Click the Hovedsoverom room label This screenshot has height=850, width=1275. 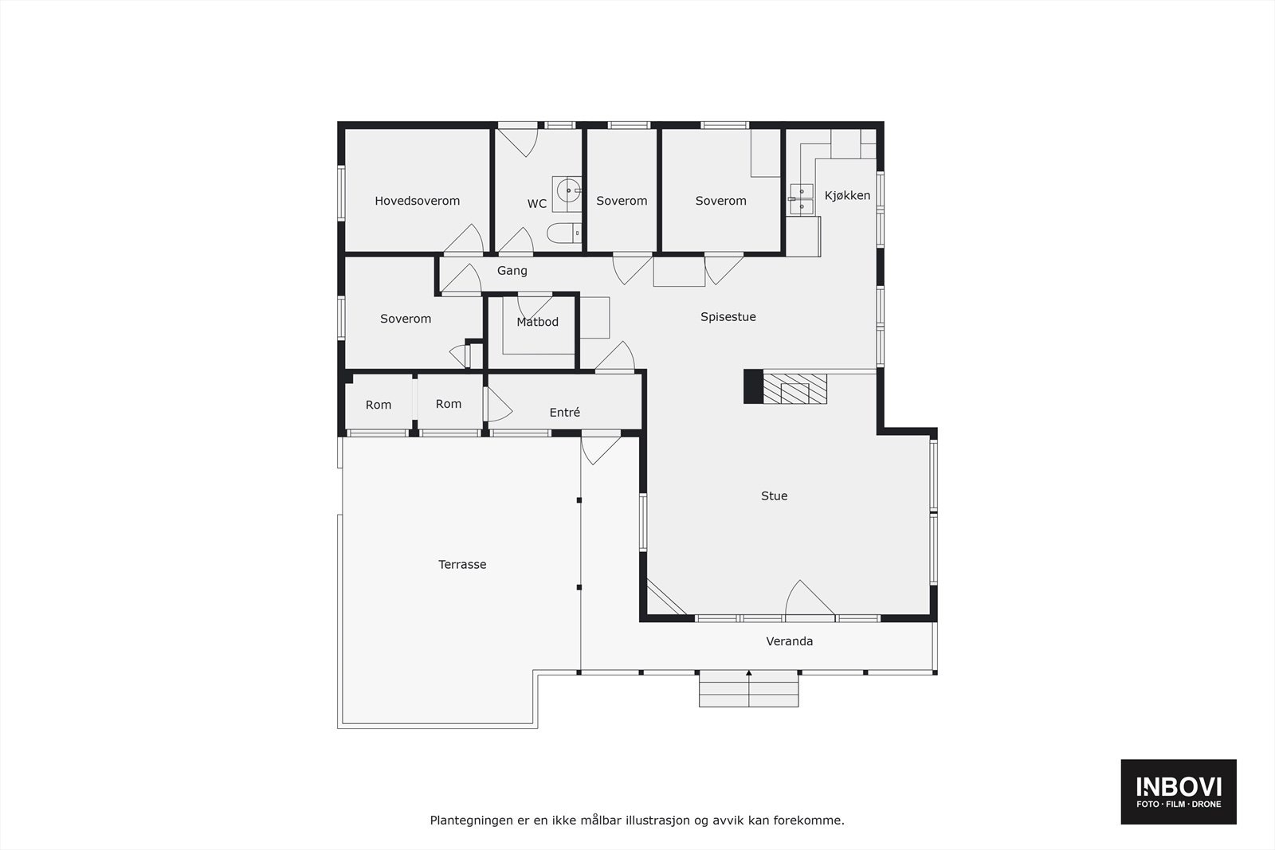(x=417, y=201)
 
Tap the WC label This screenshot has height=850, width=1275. (x=537, y=204)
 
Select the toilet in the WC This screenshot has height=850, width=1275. (x=563, y=233)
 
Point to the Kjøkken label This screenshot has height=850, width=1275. (x=847, y=195)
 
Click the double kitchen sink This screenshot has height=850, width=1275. (x=801, y=199)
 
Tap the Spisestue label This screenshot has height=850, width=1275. (x=728, y=317)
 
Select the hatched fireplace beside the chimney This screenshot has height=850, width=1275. (x=794, y=389)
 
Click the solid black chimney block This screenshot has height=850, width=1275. (x=753, y=386)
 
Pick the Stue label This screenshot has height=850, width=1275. (x=774, y=496)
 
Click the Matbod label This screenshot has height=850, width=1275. (x=537, y=322)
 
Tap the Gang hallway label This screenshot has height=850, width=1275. (x=512, y=271)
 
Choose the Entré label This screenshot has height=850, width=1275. (x=564, y=413)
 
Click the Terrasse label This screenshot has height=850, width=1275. (x=462, y=564)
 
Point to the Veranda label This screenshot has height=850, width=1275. (x=789, y=641)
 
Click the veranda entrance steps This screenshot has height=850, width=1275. (x=748, y=690)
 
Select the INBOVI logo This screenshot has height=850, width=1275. (x=1178, y=791)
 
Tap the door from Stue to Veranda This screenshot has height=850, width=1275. (x=809, y=603)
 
